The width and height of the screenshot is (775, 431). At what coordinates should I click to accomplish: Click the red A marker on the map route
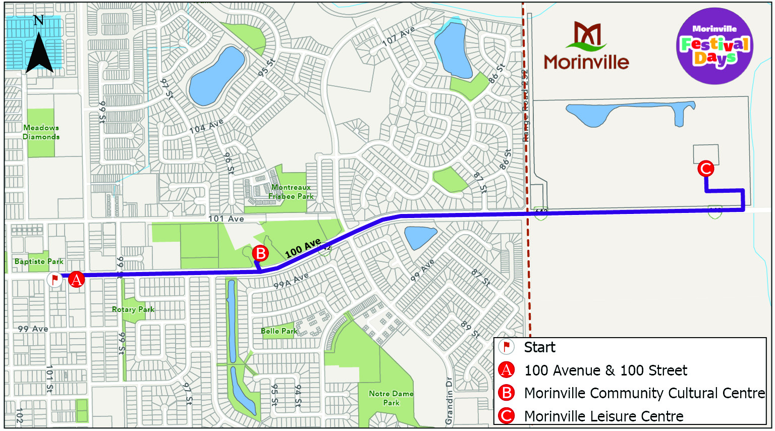tap(76, 279)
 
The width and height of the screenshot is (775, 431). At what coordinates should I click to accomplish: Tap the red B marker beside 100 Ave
tap(260, 253)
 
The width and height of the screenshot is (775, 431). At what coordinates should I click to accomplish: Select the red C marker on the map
tap(705, 169)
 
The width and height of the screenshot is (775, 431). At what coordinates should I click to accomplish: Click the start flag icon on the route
tap(54, 279)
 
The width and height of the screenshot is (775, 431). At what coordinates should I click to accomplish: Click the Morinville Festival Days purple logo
tap(714, 46)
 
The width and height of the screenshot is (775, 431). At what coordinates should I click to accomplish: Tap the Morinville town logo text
tap(586, 62)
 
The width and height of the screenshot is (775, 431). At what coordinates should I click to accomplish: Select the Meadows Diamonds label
tap(41, 132)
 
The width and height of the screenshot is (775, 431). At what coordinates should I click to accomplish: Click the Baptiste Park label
tap(39, 261)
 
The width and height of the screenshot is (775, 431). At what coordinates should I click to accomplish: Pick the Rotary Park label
tap(133, 309)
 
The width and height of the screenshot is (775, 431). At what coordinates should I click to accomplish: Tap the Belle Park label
tap(279, 331)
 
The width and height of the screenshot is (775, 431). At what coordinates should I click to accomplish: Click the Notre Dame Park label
tap(391, 398)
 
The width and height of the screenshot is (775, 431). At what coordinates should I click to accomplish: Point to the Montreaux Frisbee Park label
tap(291, 192)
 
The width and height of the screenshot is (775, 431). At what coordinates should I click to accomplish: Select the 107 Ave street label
tap(398, 37)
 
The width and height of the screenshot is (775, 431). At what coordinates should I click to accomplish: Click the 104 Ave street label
tap(206, 126)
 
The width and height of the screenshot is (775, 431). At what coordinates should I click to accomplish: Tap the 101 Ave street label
tap(226, 219)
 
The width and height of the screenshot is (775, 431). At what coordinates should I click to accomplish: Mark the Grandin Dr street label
tap(449, 400)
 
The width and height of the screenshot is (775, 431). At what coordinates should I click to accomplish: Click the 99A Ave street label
tap(291, 281)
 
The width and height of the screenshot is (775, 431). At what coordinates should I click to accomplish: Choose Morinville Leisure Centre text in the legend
tap(603, 416)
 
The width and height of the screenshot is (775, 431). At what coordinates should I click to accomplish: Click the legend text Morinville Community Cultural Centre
tap(644, 393)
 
